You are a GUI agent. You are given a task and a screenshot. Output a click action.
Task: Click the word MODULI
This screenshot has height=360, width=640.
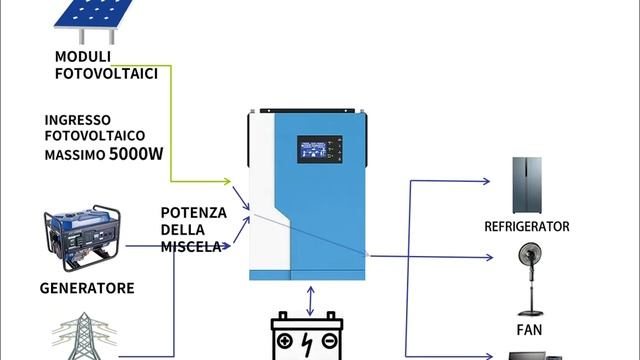pyautogui.click(x=82, y=55)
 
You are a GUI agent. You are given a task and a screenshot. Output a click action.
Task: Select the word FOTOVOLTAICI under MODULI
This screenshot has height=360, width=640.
pyautogui.click(x=105, y=73)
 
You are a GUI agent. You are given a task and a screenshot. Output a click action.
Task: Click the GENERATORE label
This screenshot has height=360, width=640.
pyautogui.click(x=87, y=288)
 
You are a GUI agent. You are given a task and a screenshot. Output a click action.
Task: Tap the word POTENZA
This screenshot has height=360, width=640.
pyautogui.click(x=194, y=213)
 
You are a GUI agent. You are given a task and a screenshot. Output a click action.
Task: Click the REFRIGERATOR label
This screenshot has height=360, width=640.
pyautogui.click(x=527, y=227)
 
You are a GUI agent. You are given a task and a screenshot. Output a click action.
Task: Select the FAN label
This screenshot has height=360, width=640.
pyautogui.click(x=528, y=328)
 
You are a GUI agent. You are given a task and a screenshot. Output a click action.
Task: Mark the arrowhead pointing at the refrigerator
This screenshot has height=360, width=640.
pyautogui.click(x=487, y=182)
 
